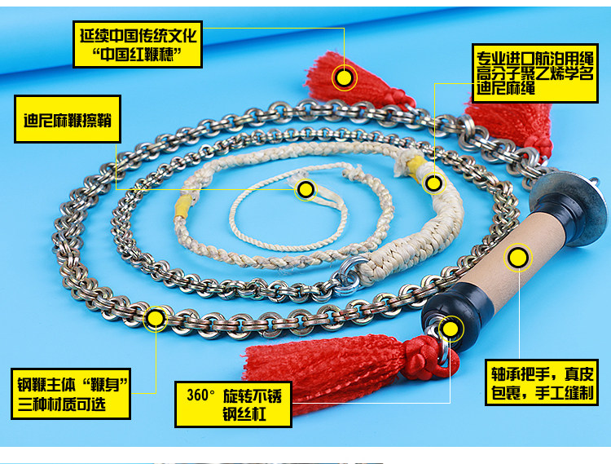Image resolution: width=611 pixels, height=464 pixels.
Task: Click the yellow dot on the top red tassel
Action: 345,77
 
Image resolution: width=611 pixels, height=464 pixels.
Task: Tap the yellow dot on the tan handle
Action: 517,258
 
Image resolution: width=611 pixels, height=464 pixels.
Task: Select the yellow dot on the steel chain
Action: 155,317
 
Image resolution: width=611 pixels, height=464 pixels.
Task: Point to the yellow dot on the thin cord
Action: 305,190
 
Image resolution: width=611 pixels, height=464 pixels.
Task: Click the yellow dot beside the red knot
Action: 449,329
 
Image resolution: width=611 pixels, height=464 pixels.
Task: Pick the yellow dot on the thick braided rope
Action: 433,183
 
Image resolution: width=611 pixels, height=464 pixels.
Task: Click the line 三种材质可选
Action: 62,404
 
